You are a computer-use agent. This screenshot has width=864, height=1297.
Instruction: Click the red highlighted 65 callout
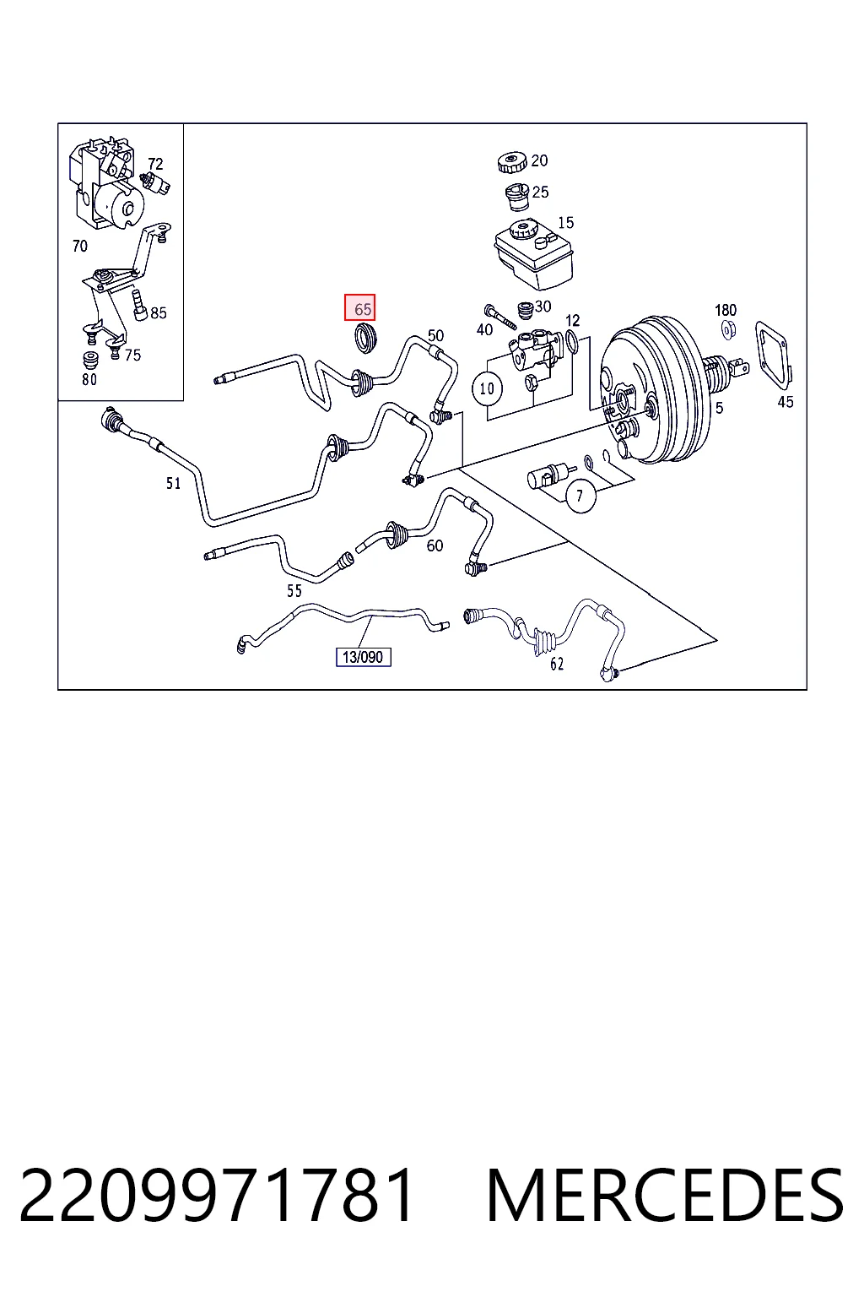tap(359, 307)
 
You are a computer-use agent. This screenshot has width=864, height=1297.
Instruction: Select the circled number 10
tap(488, 388)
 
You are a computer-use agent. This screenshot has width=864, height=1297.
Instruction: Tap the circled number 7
tap(580, 497)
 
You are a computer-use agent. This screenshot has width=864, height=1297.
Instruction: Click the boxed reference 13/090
tap(364, 657)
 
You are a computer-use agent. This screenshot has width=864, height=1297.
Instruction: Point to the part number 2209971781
tap(217, 1195)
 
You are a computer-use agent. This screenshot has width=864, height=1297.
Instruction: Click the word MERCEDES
tap(665, 1195)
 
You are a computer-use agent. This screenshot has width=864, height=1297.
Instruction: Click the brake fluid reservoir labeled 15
tap(533, 254)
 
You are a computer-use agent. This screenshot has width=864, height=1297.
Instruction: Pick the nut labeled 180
tap(728, 331)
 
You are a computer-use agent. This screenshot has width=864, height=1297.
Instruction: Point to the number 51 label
tap(174, 483)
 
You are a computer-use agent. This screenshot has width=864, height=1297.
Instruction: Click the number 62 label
tap(557, 665)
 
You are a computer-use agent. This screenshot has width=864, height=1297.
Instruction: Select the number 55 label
tap(294, 590)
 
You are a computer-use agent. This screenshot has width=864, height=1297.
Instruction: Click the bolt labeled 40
tap(500, 316)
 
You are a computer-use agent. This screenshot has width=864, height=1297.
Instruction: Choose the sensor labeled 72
tap(156, 181)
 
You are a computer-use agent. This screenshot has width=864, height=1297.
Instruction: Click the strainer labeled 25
tap(516, 197)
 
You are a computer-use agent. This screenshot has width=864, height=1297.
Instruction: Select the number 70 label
tap(80, 246)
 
